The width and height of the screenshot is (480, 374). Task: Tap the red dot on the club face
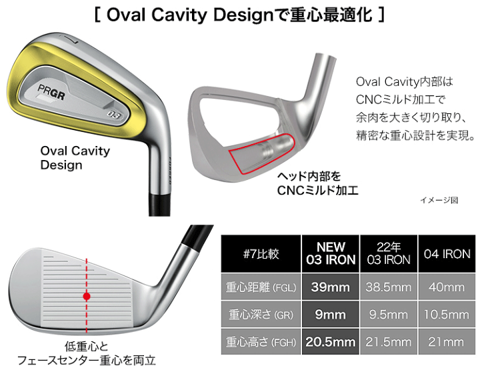click(86, 295)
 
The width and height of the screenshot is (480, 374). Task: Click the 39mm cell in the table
click(331, 287)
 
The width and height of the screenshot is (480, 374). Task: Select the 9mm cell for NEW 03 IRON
click(331, 314)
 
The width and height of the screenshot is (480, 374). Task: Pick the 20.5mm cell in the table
click(331, 342)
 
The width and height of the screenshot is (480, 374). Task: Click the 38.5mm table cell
click(389, 287)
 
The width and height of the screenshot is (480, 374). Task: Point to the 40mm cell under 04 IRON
click(447, 287)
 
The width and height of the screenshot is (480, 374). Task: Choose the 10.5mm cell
click(447, 314)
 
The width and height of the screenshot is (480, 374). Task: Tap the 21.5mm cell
click(389, 342)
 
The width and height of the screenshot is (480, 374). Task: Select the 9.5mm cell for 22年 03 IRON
click(389, 314)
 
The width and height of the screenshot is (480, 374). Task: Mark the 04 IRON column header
click(447, 253)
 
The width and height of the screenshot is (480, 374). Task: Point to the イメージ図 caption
click(439, 199)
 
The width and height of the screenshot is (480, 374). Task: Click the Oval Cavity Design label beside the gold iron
click(75, 158)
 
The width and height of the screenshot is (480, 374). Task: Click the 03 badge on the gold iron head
click(114, 113)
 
